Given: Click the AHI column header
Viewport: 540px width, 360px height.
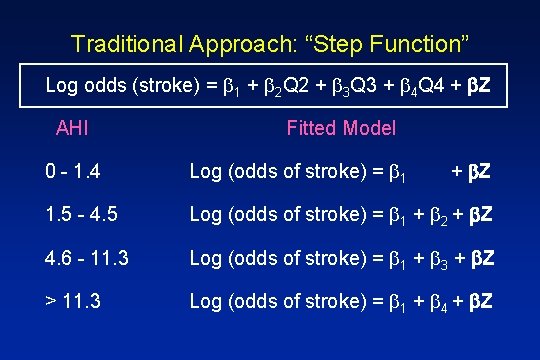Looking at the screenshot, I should [72, 128].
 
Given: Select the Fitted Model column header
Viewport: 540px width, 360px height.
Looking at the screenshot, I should [341, 128].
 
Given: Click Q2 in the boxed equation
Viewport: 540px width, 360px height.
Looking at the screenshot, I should [291, 87].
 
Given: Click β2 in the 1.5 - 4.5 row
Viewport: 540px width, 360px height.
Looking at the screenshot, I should [436, 215].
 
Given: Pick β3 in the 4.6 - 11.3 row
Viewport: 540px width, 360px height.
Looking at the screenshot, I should [436, 258].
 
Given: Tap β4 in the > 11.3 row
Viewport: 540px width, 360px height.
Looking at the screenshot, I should [436, 300].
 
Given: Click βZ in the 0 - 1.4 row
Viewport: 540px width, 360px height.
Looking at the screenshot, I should [479, 172].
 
